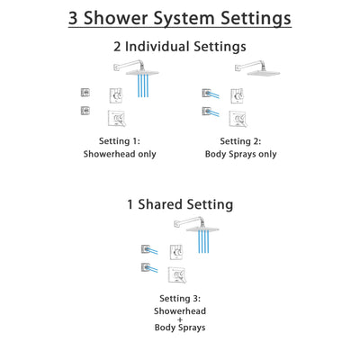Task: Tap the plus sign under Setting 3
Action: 179,320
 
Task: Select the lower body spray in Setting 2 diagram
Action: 209,112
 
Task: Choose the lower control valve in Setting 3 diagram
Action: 180,271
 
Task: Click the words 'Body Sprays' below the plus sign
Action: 179,332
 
